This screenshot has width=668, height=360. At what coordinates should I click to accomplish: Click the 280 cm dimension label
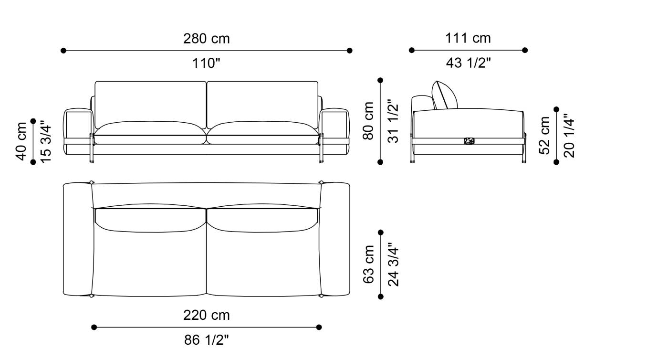tap(206, 39)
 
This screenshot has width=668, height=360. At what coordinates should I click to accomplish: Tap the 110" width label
tap(206, 63)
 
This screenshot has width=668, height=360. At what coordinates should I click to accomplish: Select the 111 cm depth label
tap(468, 38)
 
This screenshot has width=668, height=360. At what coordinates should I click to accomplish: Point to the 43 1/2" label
tap(468, 63)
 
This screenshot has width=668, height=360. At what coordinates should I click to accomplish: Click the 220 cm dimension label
tap(206, 316)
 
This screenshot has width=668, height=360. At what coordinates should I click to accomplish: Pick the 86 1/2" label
tap(206, 340)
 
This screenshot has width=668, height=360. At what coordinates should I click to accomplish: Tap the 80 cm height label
tap(368, 121)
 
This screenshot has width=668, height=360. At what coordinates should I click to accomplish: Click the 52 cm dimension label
tap(544, 135)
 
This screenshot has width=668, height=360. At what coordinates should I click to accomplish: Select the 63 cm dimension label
tap(369, 265)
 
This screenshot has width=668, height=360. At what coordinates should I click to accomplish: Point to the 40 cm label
tap(21, 141)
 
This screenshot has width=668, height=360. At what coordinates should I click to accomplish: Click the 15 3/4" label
tap(46, 141)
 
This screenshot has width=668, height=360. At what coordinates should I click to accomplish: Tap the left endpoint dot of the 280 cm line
tap(63, 50)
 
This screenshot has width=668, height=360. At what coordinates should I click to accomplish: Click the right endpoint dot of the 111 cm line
tap(525, 50)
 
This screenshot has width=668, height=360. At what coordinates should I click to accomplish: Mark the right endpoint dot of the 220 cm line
tap(319, 327)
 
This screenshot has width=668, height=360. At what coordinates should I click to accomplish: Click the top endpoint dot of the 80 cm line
tap(380, 80)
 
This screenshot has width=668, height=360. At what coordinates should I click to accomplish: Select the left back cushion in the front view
tap(150, 103)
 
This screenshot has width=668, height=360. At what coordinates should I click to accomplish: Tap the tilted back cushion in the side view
tap(445, 95)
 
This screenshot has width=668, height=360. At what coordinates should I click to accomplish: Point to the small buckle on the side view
tap(469, 141)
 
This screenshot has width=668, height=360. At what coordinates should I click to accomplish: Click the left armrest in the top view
tap(77, 239)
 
